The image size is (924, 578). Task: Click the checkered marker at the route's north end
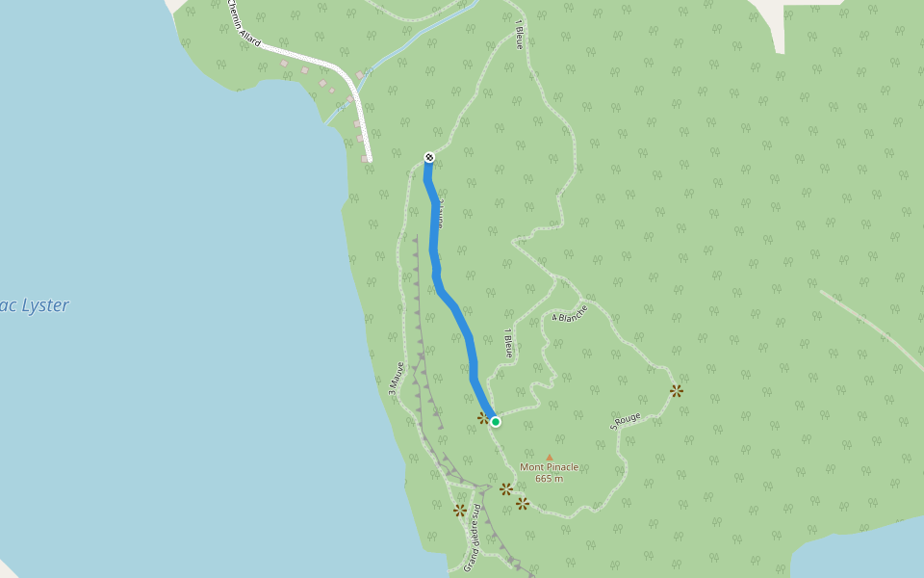429,157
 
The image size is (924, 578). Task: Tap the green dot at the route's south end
496,421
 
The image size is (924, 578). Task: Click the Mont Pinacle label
549,467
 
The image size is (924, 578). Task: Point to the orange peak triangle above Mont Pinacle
550,457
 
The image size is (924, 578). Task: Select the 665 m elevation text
549,479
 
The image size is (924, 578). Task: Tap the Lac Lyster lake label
34,305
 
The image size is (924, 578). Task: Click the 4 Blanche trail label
570,313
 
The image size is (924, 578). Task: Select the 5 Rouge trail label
626,421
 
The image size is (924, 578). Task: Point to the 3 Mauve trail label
396,379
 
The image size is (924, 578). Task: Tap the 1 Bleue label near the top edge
520,34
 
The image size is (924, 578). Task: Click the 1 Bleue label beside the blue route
508,343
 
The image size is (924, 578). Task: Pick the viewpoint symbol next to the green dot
483,418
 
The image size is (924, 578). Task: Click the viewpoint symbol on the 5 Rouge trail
677,390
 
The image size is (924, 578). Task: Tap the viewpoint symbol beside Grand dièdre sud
460,510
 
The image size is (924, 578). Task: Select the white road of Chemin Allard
318,62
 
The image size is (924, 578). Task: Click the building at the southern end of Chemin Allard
365,158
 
